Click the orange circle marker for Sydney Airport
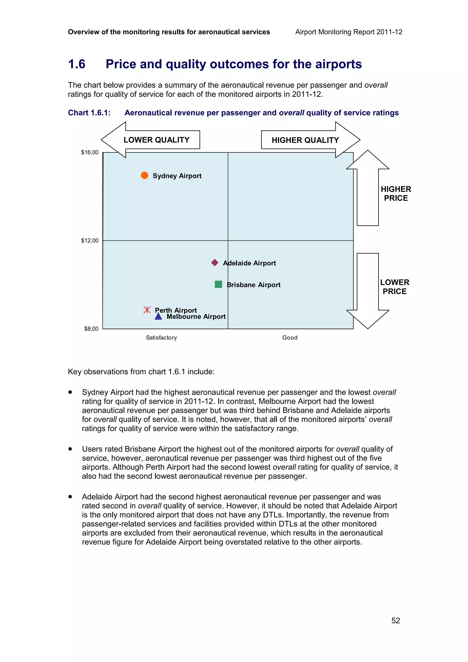(x=144, y=175)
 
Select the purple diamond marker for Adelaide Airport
(x=215, y=263)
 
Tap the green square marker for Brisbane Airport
(x=218, y=284)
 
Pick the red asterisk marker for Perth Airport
(x=147, y=310)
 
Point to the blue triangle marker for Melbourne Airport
(x=158, y=317)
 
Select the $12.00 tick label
(x=90, y=241)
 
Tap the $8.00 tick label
(x=91, y=329)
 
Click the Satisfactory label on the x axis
(x=161, y=338)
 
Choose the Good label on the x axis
(x=290, y=338)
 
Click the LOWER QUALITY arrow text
(x=156, y=140)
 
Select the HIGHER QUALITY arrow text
(x=305, y=140)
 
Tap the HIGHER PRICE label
(x=396, y=193)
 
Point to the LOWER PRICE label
(x=394, y=287)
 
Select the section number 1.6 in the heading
(x=77, y=64)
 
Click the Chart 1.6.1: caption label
(x=89, y=113)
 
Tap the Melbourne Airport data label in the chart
(x=196, y=317)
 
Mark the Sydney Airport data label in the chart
(x=177, y=176)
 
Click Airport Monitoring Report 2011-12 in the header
(x=349, y=32)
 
